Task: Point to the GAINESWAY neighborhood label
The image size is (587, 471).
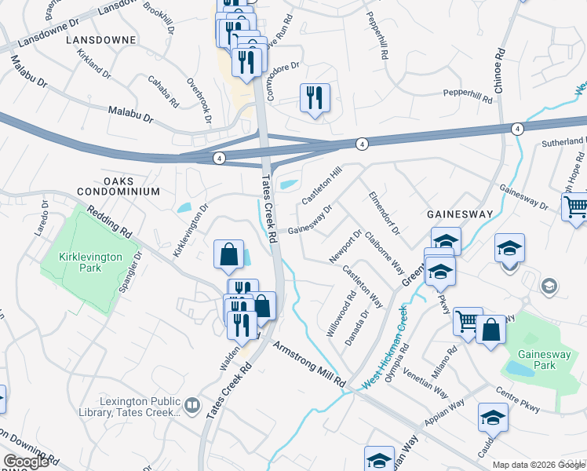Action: [459, 214]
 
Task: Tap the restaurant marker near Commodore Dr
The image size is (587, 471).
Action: [315, 98]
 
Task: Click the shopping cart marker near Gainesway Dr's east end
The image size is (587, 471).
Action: [576, 206]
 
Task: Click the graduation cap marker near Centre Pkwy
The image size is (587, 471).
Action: [492, 418]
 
